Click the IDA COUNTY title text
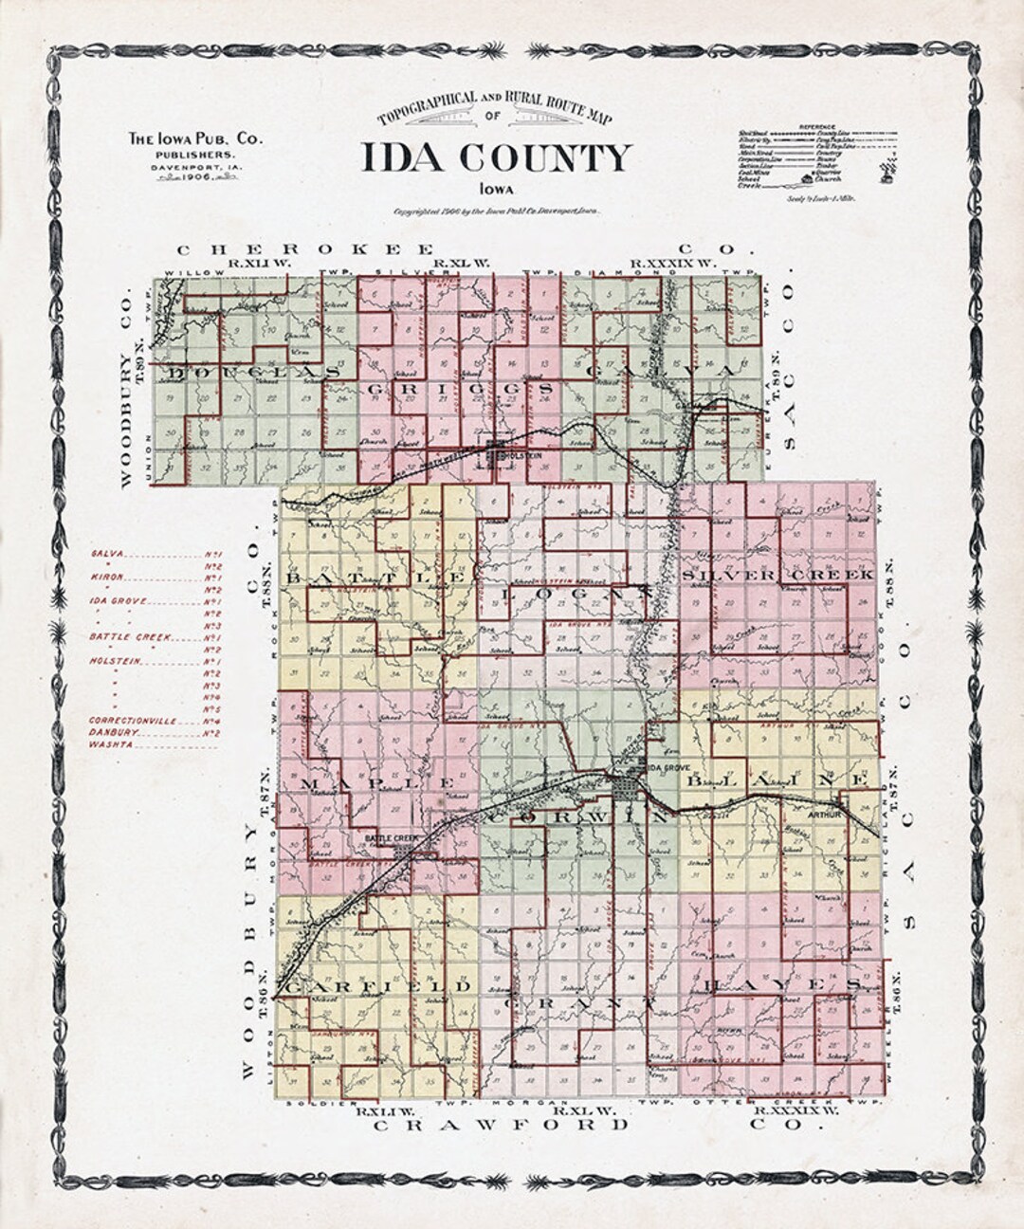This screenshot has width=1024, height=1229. (495, 157)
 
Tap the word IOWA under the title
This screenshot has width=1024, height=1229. (495, 188)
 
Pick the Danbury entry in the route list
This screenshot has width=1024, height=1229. (111, 732)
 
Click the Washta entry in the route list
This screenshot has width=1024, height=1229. (108, 745)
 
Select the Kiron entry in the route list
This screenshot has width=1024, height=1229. (107, 577)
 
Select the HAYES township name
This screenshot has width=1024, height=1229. (782, 986)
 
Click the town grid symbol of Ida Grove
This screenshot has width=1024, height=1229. (626, 787)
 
